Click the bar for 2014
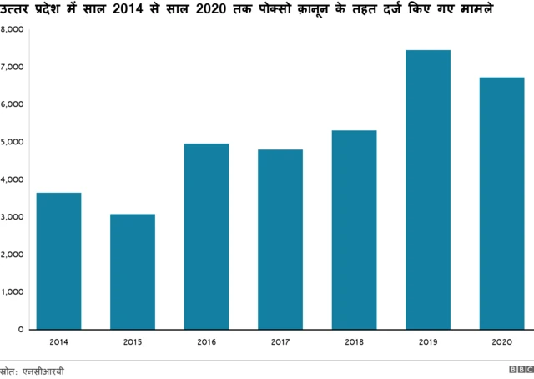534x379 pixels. [59, 260]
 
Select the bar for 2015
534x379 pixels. [133, 271]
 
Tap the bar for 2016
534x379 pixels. [206, 236]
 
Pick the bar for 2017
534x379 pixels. [280, 240]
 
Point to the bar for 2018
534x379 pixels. [354, 230]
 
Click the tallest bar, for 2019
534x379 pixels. [427, 189]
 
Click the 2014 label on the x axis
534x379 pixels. [59, 342]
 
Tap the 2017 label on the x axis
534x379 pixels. [280, 342]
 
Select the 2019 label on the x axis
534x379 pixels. [427, 342]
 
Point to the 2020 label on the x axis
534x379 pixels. [501, 342]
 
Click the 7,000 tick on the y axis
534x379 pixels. [12, 67]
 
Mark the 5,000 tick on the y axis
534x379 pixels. [12, 142]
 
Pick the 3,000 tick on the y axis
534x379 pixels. [12, 217]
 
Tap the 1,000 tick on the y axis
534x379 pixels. [12, 292]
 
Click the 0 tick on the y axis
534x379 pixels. [19, 330]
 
